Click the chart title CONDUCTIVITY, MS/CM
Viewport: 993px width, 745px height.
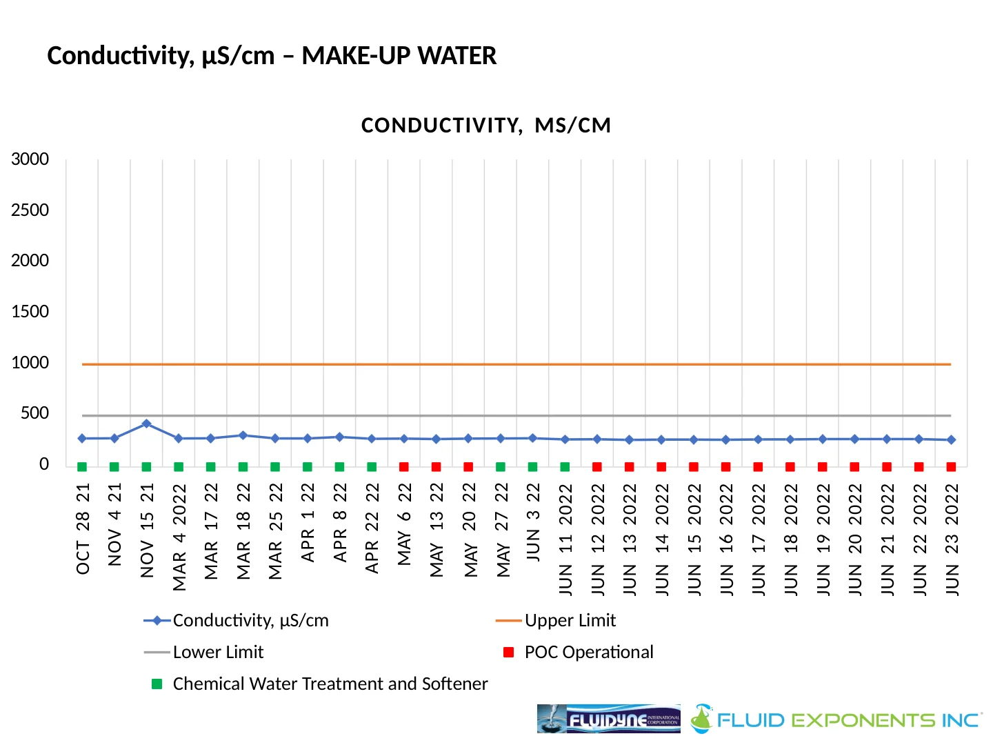(486, 126)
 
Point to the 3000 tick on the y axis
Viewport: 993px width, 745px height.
(30, 159)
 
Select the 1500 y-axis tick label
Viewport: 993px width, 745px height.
(30, 312)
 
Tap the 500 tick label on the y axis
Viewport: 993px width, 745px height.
(35, 413)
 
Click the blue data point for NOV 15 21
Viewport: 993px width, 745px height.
(146, 424)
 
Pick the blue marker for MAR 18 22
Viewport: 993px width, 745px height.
(243, 435)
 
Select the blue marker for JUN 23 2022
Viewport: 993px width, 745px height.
(952, 439)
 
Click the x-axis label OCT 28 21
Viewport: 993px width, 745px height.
(83, 528)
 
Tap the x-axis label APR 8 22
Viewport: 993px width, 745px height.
(340, 523)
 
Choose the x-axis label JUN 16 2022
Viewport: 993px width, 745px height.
(726, 539)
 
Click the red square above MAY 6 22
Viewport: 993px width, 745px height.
(404, 467)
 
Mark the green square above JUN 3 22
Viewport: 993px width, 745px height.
(532, 467)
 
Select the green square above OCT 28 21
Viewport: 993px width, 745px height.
(82, 467)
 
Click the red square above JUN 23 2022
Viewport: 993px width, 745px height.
(952, 467)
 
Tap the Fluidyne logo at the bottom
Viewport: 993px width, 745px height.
(608, 719)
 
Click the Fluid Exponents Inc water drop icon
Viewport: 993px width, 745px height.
(701, 718)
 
